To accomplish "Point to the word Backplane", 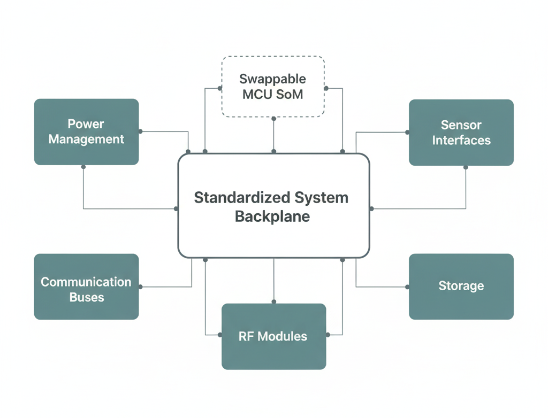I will [x=272, y=217].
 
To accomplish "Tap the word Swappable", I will [x=272, y=79].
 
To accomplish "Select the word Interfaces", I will [x=461, y=140].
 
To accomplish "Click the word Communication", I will [x=86, y=282].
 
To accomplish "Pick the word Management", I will [x=86, y=139].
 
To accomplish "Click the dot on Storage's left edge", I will [x=408, y=287].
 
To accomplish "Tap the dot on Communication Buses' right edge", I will [x=140, y=287].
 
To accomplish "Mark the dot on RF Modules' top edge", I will [x=273, y=303].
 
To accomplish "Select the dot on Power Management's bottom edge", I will [x=83, y=166].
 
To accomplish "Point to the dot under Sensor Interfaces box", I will [x=466, y=167].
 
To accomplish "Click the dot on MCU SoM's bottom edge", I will [x=273, y=118].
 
